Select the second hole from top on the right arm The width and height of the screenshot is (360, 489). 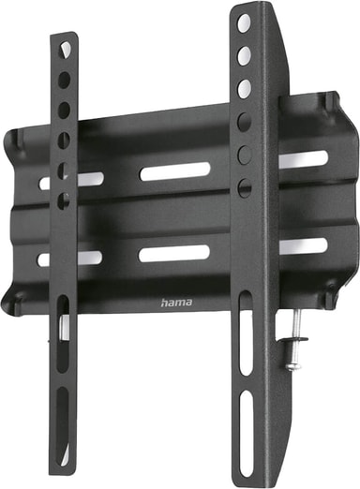(244, 56)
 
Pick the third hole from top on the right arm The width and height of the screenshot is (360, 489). (244, 89)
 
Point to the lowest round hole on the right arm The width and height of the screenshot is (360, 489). (245, 187)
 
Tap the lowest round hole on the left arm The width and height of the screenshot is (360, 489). (64, 200)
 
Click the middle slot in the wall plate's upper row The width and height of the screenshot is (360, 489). (174, 171)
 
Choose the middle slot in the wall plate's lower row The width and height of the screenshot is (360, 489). (174, 253)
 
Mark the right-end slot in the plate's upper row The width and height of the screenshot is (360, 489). (304, 159)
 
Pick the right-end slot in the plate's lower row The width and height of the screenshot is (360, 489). (304, 245)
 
